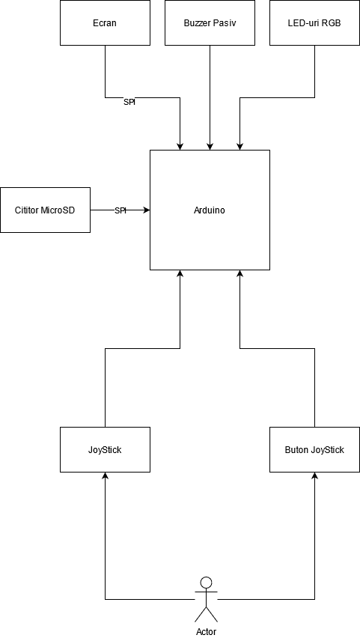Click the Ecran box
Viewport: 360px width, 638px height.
[105, 22]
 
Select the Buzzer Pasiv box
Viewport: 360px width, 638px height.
[210, 22]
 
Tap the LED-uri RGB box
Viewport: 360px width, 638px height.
[314, 22]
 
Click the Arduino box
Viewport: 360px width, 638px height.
[210, 210]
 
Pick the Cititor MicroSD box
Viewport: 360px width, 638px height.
[45, 210]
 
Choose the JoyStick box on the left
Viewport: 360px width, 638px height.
[105, 449]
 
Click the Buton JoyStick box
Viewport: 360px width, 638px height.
[314, 449]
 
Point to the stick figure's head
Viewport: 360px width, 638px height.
[207, 583]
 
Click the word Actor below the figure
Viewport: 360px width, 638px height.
[207, 632]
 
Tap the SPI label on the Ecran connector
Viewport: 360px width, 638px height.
[129, 103]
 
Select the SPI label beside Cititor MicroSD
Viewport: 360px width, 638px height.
[120, 210]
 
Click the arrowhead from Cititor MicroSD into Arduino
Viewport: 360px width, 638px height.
[147, 210]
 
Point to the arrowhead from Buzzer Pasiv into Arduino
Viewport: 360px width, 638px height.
[210, 147]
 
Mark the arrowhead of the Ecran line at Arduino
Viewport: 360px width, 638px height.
[180, 147]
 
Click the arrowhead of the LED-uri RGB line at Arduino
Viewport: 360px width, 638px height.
[240, 147]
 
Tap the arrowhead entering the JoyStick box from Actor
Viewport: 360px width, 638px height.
[105, 476]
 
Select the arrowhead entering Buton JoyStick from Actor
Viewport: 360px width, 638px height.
[314, 476]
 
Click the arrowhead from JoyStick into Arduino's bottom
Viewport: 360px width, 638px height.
[180, 273]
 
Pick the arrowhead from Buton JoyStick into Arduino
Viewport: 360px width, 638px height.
[240, 273]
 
